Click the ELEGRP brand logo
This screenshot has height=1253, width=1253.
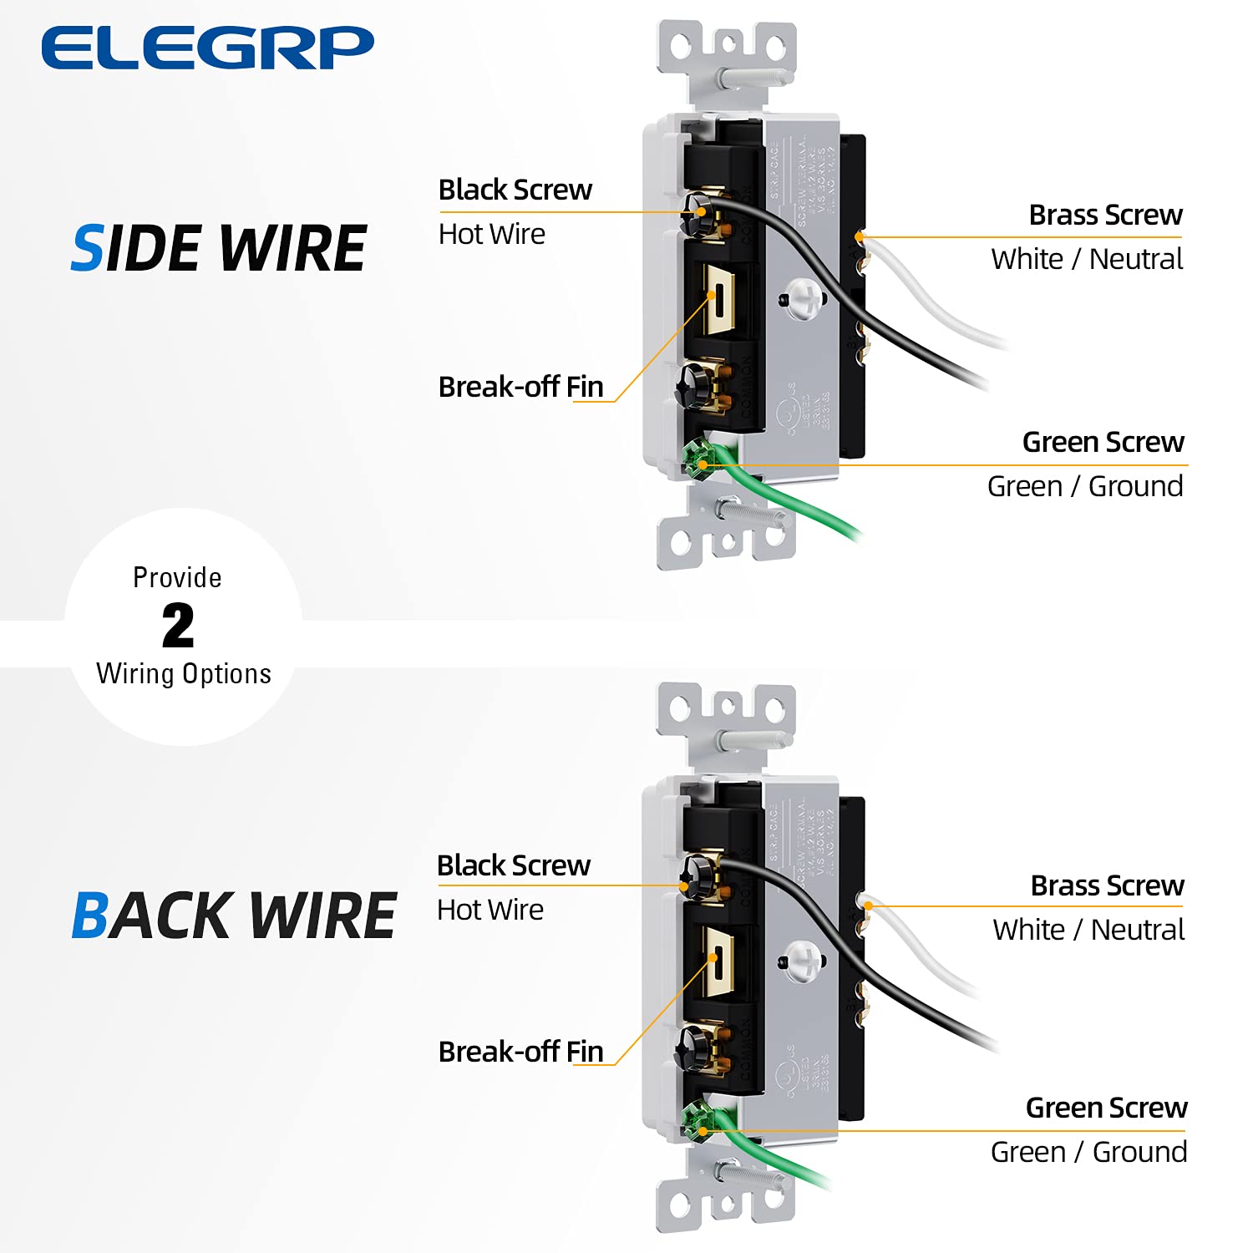tap(207, 48)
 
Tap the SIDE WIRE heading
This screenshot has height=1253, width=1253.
tap(219, 248)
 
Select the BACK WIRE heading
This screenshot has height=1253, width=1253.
tap(233, 916)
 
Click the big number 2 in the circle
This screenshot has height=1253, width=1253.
tap(178, 626)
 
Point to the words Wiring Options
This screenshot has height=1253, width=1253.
tap(184, 673)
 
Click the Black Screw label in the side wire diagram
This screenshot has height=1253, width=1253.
tap(515, 190)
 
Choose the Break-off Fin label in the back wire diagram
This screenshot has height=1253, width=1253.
tap(520, 1051)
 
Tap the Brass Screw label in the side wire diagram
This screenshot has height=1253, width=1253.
tap(1105, 215)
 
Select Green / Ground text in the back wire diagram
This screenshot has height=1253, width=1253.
tap(1088, 1152)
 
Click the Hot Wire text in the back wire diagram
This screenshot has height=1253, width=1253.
tap(490, 910)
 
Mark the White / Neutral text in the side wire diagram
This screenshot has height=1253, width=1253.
tap(1087, 259)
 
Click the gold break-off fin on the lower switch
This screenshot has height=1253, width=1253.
tap(718, 961)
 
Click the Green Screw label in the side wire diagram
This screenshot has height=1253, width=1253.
tap(1103, 442)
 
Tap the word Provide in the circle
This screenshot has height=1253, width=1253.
tap(177, 577)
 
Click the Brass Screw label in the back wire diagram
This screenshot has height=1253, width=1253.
tap(1107, 885)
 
